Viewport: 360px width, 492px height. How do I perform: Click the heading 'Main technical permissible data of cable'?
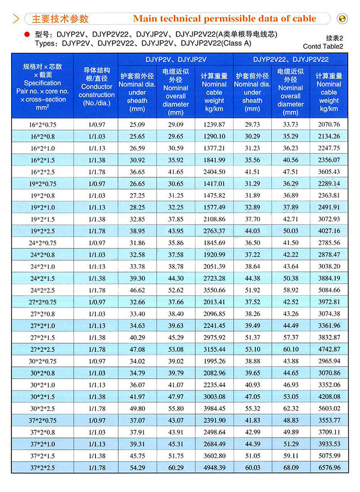click(x=225, y=19)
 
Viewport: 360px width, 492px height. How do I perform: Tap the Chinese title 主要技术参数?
click(x=60, y=19)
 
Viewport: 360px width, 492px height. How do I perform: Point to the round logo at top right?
click(x=343, y=19)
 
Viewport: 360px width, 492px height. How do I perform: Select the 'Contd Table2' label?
click(x=323, y=47)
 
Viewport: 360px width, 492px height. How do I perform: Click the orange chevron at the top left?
click(x=16, y=19)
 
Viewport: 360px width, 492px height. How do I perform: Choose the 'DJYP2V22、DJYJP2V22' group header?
click(x=291, y=60)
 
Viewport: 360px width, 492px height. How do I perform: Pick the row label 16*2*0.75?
click(x=43, y=124)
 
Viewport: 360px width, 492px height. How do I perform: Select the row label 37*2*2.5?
click(x=43, y=467)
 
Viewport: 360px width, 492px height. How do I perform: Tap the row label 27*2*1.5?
click(x=43, y=337)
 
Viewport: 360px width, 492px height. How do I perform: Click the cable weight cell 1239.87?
click(x=214, y=124)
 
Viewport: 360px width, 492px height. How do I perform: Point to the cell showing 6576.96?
click(x=329, y=467)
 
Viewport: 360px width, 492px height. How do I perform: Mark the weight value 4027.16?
click(x=329, y=231)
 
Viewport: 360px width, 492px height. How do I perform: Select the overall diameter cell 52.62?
click(x=175, y=290)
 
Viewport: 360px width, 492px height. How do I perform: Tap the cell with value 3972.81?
click(x=329, y=302)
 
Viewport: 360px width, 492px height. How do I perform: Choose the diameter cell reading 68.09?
click(x=290, y=467)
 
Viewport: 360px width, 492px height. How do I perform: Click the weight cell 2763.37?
click(x=214, y=231)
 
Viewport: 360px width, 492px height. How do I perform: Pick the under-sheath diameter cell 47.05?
click(x=252, y=396)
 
